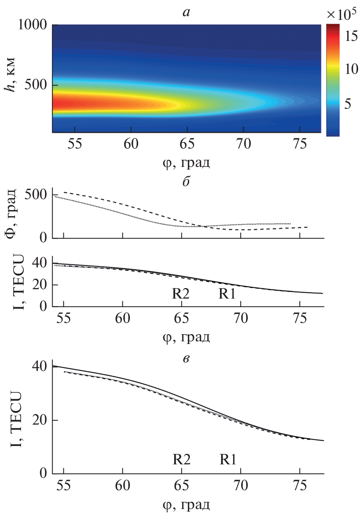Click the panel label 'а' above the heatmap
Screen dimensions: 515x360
[x=186, y=13]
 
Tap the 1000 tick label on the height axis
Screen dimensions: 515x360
[x=32, y=25]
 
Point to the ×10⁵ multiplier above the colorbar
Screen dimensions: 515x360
[x=341, y=15]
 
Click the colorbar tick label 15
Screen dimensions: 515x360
[x=351, y=36]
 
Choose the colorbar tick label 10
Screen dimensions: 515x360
[x=351, y=69]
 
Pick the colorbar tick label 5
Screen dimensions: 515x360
[x=348, y=104]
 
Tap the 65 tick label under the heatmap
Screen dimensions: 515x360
[x=187, y=144]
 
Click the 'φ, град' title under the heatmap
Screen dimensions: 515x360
[x=186, y=163]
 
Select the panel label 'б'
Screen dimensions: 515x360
[x=186, y=182]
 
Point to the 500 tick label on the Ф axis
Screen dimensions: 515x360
[x=36, y=195]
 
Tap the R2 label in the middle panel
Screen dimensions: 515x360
[x=181, y=294]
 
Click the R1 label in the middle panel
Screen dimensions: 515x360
[x=227, y=294]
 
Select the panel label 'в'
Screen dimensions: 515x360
[x=186, y=359]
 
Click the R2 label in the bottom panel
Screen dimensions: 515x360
[x=181, y=459]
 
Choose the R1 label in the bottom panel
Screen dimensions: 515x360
[x=228, y=459]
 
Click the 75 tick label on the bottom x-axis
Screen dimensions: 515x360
[x=300, y=486]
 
